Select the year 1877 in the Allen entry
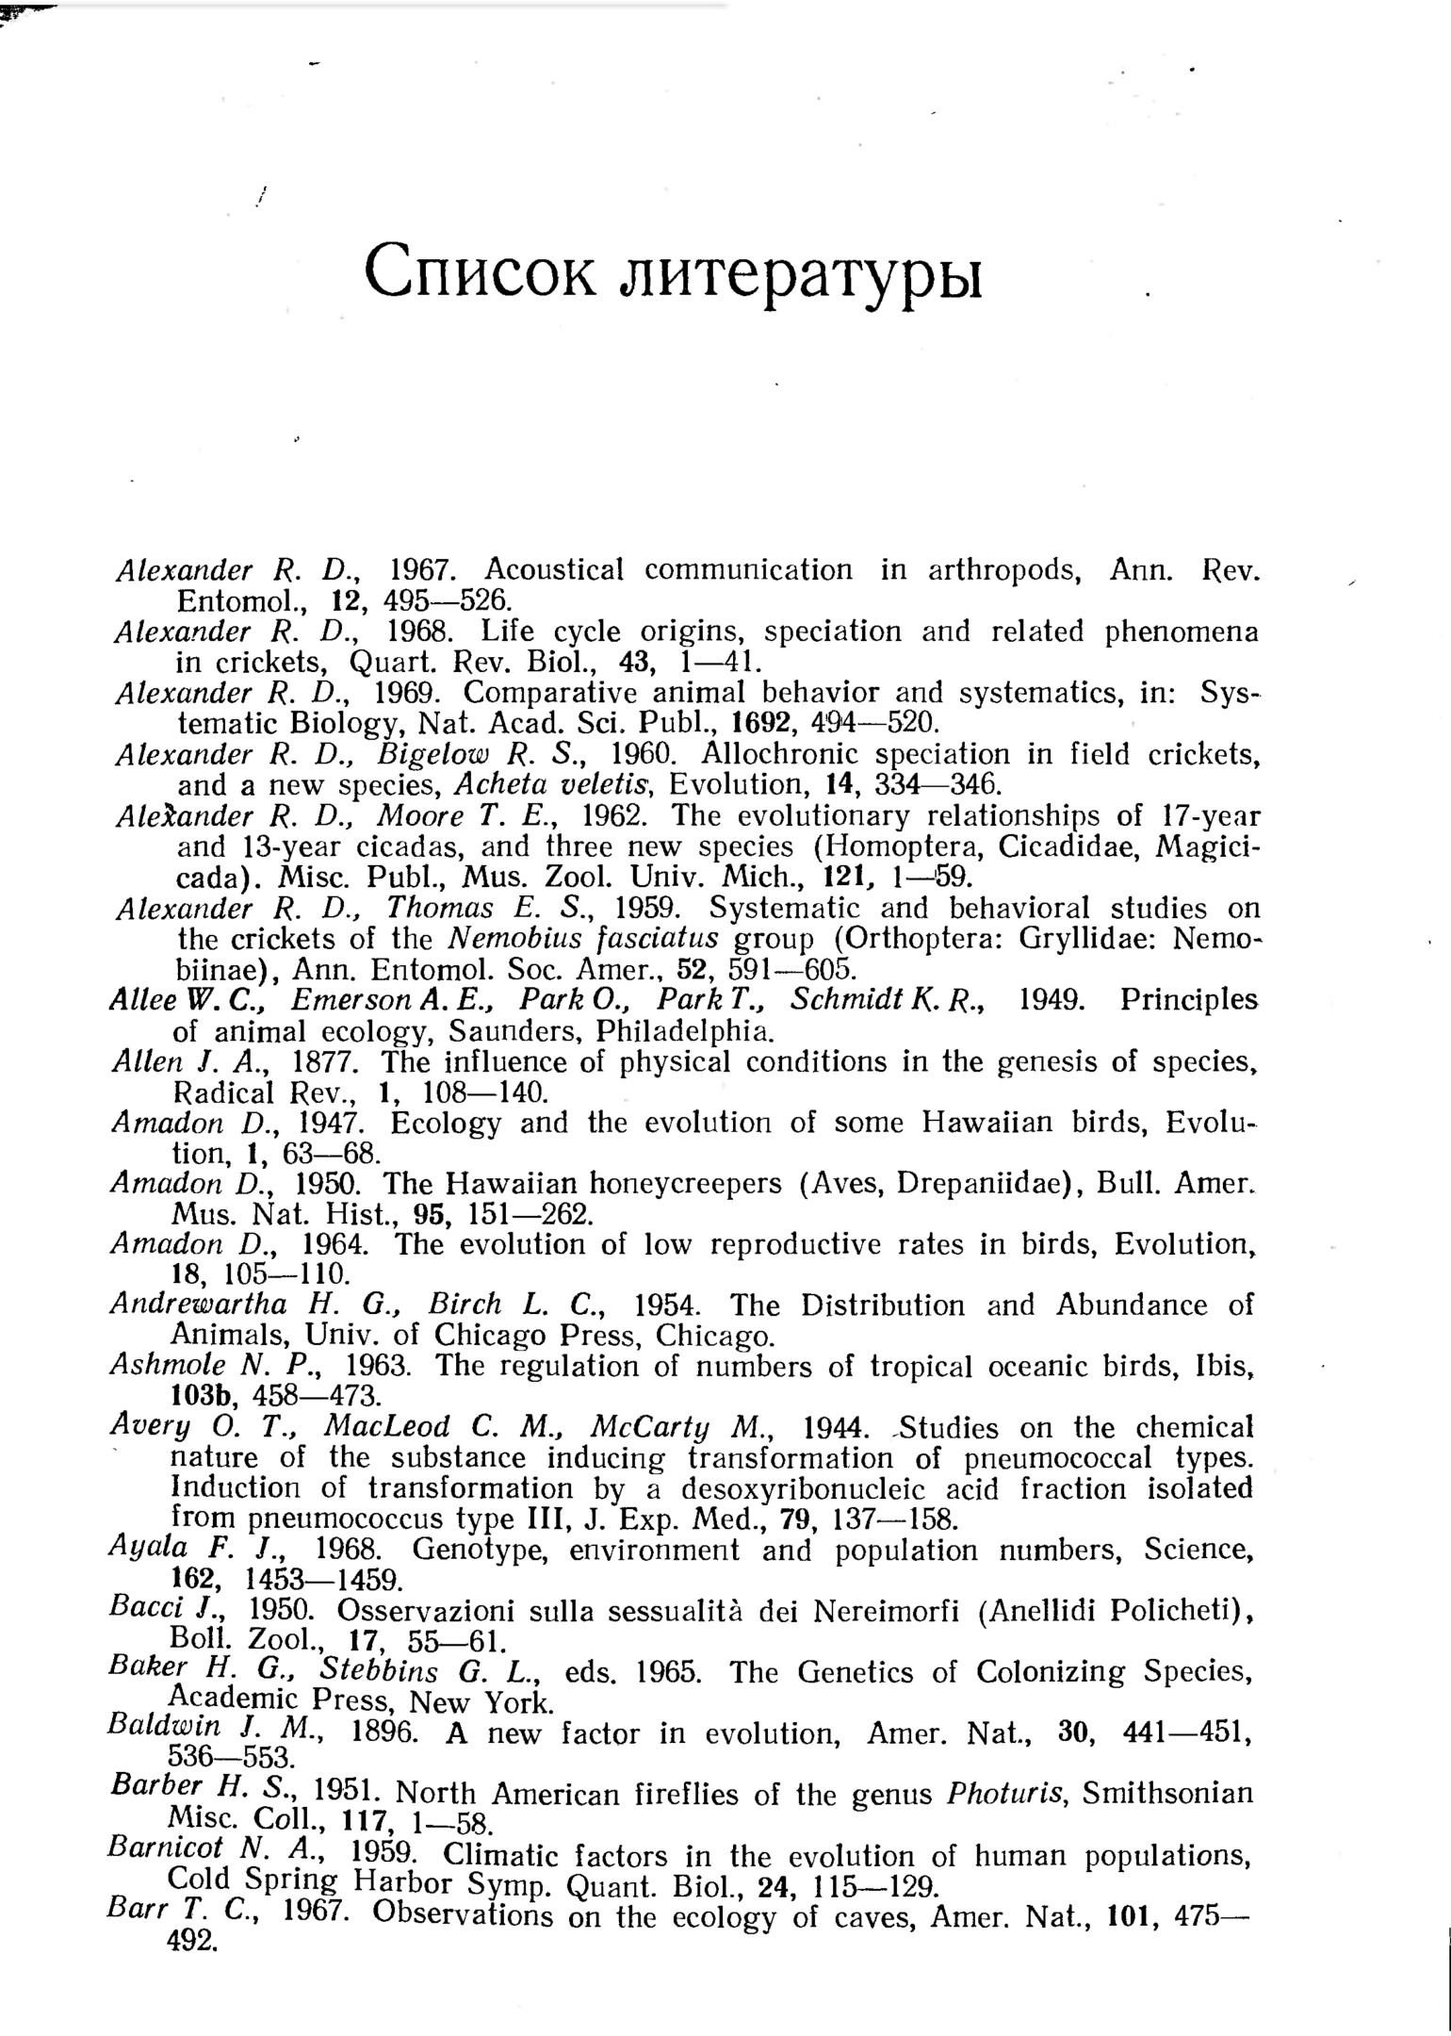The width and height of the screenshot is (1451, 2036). (324, 1062)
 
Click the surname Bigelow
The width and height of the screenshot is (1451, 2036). (430, 754)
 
